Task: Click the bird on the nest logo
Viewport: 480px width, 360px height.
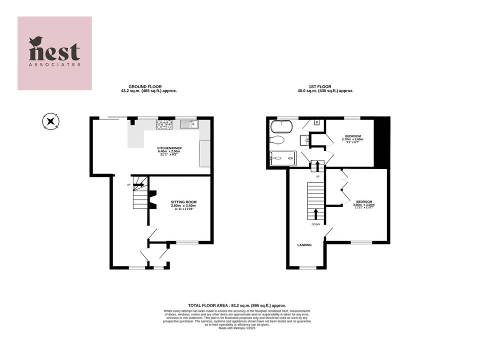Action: (36, 41)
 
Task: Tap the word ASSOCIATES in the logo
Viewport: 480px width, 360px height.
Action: (54, 64)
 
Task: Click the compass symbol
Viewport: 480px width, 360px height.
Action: (50, 121)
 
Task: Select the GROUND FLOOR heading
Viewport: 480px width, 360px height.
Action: (145, 86)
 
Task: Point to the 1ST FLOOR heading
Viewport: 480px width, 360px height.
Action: (325, 86)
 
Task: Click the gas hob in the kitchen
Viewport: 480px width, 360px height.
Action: (164, 124)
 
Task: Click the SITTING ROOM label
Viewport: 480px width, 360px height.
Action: (182, 202)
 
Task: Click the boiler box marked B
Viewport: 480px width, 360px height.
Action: (317, 122)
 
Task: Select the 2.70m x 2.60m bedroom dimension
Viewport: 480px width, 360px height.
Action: (353, 139)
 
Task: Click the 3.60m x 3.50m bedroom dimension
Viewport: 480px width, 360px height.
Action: (363, 205)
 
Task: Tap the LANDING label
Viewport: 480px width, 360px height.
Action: (304, 245)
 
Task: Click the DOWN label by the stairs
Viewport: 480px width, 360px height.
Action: (315, 224)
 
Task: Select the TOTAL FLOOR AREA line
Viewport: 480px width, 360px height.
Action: (237, 305)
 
